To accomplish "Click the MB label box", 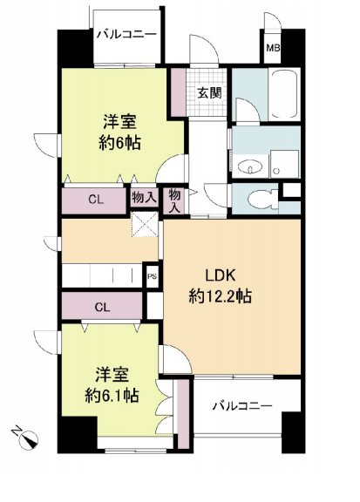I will pyautogui.click(x=274, y=48).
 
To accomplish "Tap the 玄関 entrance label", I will pyautogui.click(x=207, y=93).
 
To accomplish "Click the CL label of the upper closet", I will pyautogui.click(x=95, y=200).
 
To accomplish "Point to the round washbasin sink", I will pyautogui.click(x=254, y=163).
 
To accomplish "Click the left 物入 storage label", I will pyautogui.click(x=144, y=198).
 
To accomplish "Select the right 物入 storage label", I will pyautogui.click(x=175, y=200).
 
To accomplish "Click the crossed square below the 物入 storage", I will pyautogui.click(x=143, y=226).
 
